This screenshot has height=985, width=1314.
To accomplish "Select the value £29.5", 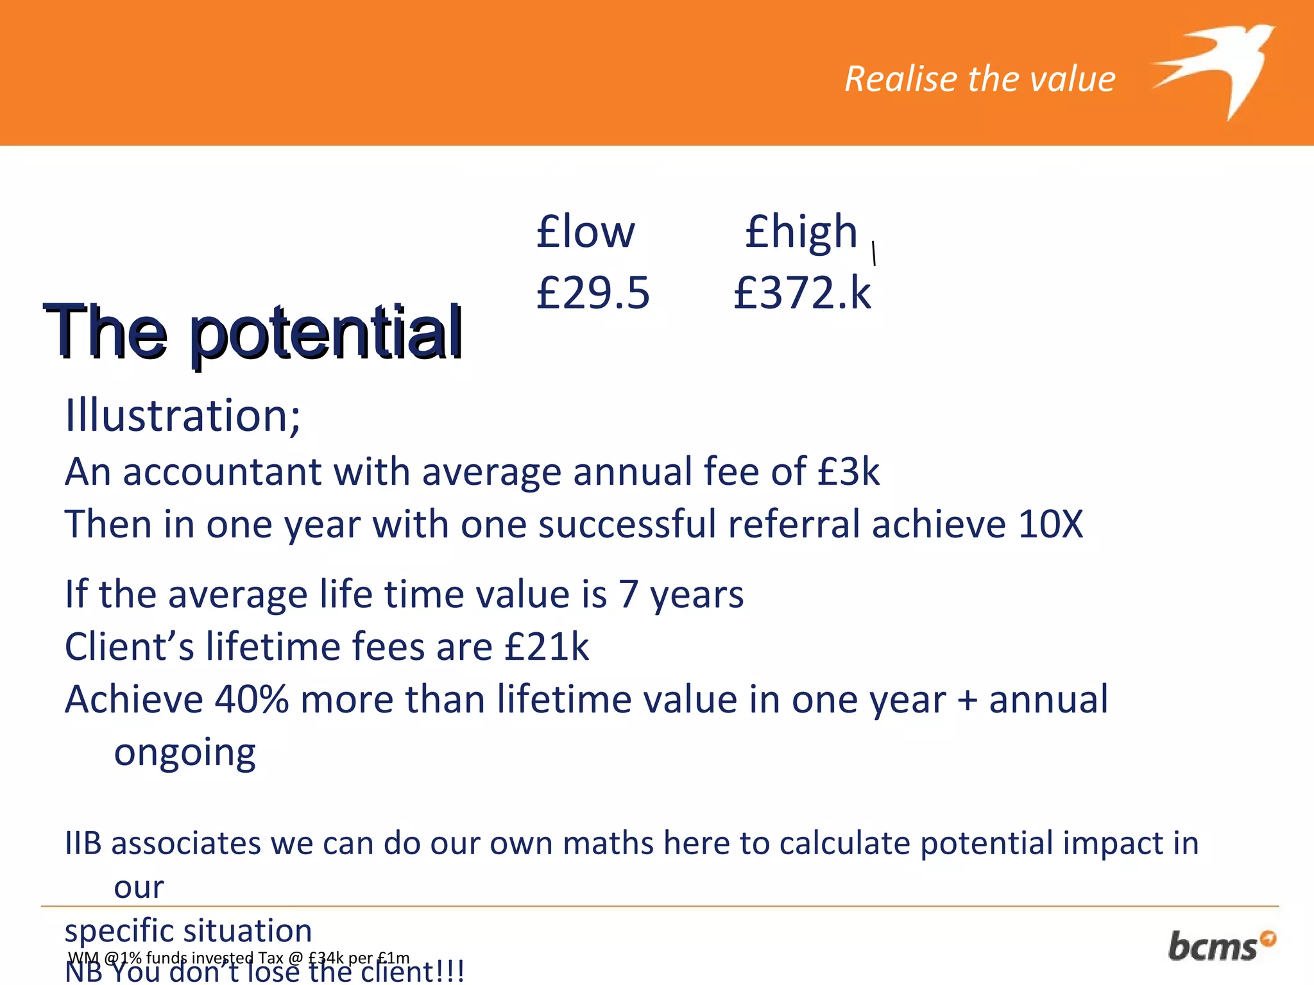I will pyautogui.click(x=593, y=292).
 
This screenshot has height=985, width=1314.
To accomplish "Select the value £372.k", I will pyautogui.click(x=802, y=292).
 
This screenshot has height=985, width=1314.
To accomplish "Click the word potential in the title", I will pyautogui.click(x=326, y=333).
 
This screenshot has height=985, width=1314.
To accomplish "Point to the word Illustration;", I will pyautogui.click(x=183, y=416).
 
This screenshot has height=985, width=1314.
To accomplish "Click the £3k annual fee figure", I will pyautogui.click(x=848, y=472).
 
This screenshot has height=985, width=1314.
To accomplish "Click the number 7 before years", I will pyautogui.click(x=628, y=594).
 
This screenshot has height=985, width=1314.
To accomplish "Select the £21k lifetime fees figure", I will pyautogui.click(x=547, y=646).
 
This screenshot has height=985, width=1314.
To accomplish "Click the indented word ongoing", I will pyautogui.click(x=185, y=753).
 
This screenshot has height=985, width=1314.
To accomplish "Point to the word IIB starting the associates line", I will pyautogui.click(x=83, y=843).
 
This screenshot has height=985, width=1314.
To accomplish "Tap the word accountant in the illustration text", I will pyautogui.click(x=222, y=472).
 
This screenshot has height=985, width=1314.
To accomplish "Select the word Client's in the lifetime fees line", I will pyautogui.click(x=129, y=646).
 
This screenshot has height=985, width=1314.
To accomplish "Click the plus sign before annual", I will pyautogui.click(x=967, y=700).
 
